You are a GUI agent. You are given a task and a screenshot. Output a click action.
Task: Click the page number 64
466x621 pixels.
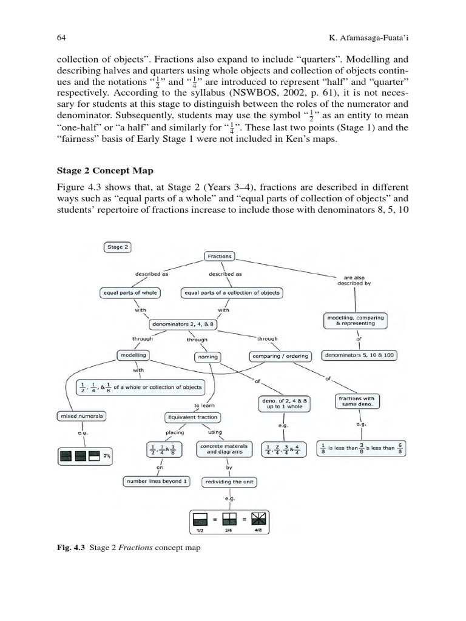pyautogui.click(x=61, y=38)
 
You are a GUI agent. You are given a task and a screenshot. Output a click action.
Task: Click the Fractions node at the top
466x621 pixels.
pyautogui.click(x=219, y=256)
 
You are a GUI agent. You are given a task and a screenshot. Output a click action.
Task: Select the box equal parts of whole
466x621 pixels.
pyautogui.click(x=129, y=293)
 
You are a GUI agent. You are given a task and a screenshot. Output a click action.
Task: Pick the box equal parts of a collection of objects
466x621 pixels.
pyautogui.click(x=232, y=293)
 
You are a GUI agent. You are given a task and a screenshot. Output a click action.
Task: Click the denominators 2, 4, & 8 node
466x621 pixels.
pyautogui.click(x=182, y=324)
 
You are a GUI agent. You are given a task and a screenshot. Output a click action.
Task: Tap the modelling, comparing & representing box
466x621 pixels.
pyautogui.click(x=355, y=320)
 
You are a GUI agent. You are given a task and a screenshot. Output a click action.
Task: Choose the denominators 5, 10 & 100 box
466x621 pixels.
pyautogui.click(x=359, y=355)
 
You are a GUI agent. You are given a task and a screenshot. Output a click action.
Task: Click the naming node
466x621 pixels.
pyautogui.click(x=208, y=357)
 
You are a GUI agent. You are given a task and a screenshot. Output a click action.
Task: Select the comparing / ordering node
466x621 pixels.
pyautogui.click(x=280, y=356)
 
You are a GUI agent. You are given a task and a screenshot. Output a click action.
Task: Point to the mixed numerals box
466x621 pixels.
pyautogui.click(x=82, y=416)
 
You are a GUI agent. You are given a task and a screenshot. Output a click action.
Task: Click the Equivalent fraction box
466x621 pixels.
pyautogui.click(x=193, y=417)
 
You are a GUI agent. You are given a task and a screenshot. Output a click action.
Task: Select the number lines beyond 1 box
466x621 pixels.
pyautogui.click(x=156, y=481)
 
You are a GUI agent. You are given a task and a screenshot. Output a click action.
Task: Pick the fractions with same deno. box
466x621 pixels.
pyautogui.click(x=357, y=401)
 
